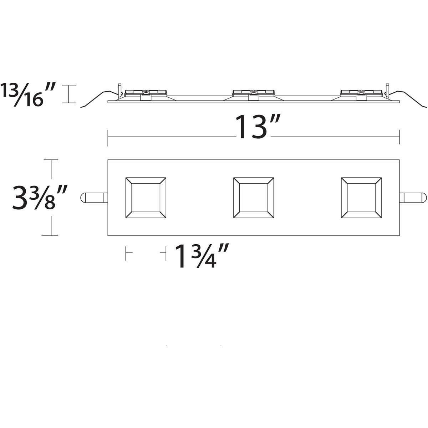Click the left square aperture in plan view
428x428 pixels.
(x=146, y=197)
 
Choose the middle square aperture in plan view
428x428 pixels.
(x=253, y=197)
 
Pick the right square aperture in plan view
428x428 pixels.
(x=361, y=197)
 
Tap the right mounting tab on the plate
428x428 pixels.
(x=413, y=198)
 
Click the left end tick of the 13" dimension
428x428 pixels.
(x=108, y=137)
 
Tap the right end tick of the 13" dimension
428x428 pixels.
(x=399, y=137)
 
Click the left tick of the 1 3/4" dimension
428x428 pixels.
(x=126, y=253)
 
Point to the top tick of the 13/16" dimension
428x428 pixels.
(x=69, y=85)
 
